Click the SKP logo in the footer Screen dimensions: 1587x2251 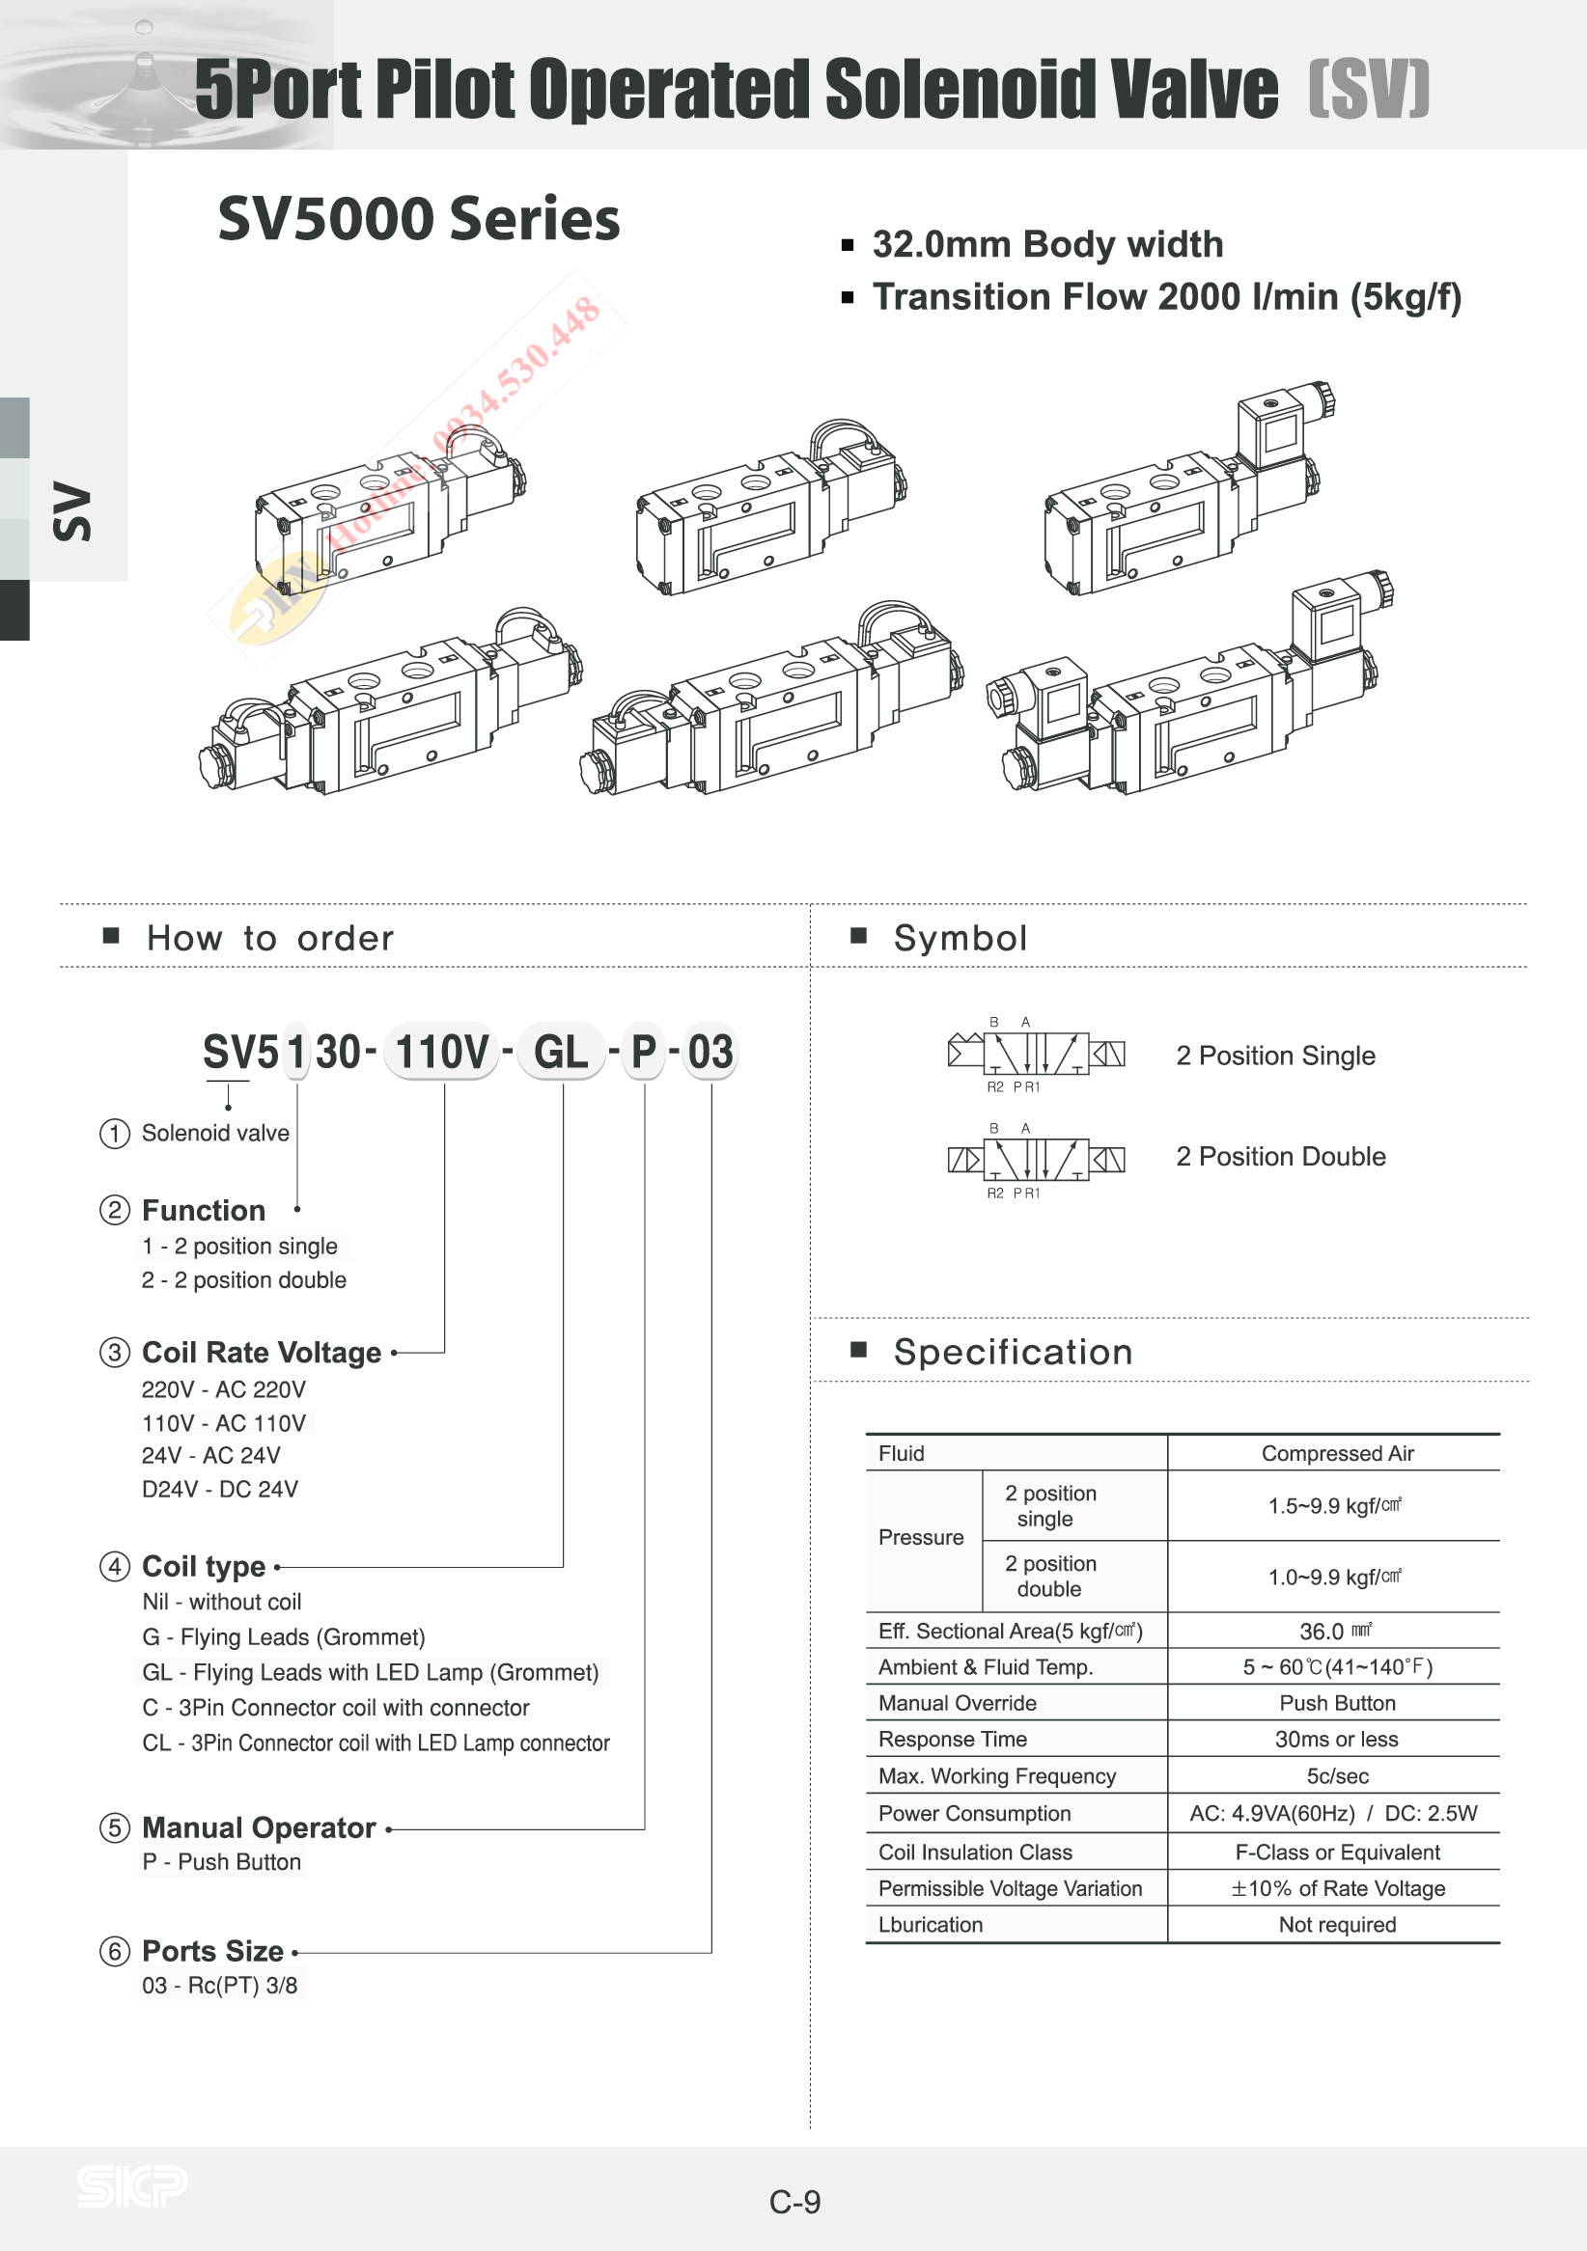(132, 2185)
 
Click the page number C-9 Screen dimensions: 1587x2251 (794, 2202)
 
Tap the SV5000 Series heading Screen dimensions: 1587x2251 (419, 218)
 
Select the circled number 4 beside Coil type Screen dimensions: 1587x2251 (115, 1566)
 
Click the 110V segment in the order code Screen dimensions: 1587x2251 (441, 1052)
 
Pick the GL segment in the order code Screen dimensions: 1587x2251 (561, 1052)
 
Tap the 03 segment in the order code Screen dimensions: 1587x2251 (710, 1052)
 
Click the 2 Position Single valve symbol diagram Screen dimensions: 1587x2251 (1036, 1054)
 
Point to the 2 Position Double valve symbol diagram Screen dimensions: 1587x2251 (1036, 1160)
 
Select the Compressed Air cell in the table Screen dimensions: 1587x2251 (1337, 1453)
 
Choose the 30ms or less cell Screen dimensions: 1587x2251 (1336, 1739)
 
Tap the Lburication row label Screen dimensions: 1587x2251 (930, 1924)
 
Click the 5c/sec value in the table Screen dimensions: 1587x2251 (1337, 1775)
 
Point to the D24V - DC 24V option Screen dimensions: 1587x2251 (220, 1488)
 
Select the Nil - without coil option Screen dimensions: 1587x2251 (222, 1601)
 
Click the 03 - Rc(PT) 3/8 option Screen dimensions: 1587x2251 (220, 1985)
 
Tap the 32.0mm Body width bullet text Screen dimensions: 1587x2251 (1047, 244)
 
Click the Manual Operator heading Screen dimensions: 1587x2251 (259, 1827)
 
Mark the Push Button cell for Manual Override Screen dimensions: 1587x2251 (1337, 1702)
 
